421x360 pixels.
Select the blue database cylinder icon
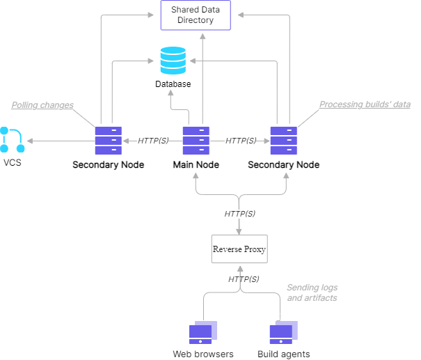[x=173, y=60]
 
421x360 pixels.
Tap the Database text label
[x=173, y=84]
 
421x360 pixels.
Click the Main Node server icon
[x=196, y=140]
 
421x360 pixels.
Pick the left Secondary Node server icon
[x=108, y=140]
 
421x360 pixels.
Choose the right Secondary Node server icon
[x=283, y=140]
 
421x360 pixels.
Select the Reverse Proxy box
[x=239, y=249]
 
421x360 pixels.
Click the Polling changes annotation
[x=42, y=105]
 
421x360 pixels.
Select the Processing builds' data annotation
[x=365, y=104]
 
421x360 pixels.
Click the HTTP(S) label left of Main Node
[x=153, y=140]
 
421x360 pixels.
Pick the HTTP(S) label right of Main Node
[x=241, y=140]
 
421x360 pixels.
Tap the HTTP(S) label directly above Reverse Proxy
[x=239, y=214]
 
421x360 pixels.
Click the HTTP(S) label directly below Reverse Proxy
[x=244, y=279]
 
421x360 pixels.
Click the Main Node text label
[x=196, y=165]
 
